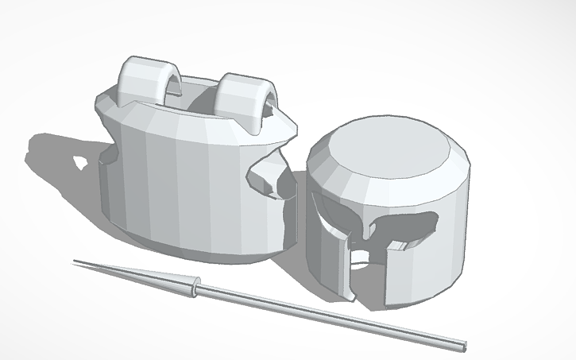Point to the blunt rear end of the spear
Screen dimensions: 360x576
pos(463,347)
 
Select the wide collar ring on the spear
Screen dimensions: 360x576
pos(194,288)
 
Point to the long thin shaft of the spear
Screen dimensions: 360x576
pos(334,318)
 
